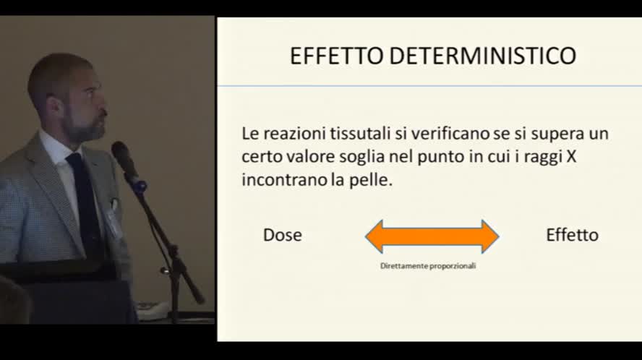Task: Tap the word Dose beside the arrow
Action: tap(282, 235)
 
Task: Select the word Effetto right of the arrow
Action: tap(572, 235)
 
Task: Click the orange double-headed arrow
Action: tap(432, 236)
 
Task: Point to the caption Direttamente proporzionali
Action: tap(428, 265)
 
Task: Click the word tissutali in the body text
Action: tap(357, 134)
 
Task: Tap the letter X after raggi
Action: tap(571, 157)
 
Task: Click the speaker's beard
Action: tap(90, 130)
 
